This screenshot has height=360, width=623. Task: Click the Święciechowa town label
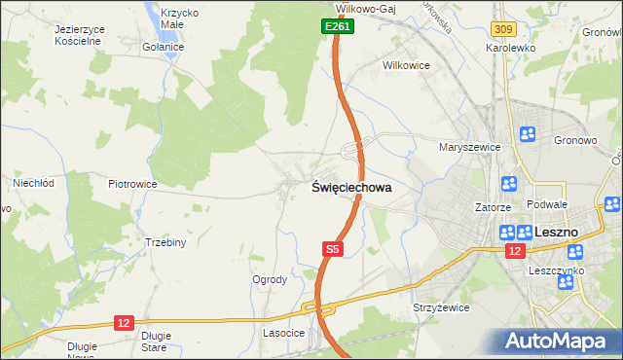point(352,189)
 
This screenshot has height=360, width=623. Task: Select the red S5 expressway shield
point(333,250)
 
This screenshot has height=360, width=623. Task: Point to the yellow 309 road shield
point(503,32)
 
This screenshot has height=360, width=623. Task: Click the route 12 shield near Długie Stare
point(124,322)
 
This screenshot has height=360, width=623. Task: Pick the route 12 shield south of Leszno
point(513,252)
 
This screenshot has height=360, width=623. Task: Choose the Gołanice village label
point(163,47)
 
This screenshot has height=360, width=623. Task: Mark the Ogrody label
point(270,280)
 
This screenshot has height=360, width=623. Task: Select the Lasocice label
point(284,333)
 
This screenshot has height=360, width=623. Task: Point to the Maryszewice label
point(469,147)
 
